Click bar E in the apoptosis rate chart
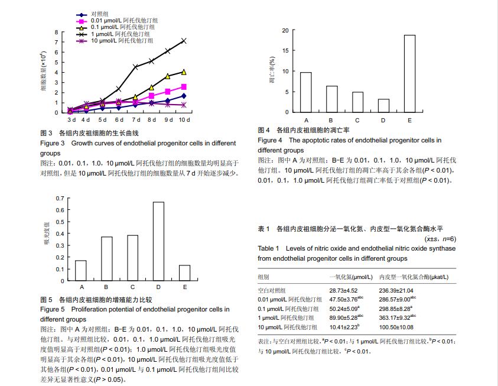pos(409,73)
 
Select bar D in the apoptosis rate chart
pos(383,105)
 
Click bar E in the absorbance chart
pos(185,273)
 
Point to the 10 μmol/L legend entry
pos(116,41)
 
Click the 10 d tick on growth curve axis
pos(184,119)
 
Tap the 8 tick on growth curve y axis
pos(57,33)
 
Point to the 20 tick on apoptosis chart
pos(285,30)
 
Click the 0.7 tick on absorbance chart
pos(60,198)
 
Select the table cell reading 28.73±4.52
pos(343,291)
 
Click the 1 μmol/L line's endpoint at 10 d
pos(184,41)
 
